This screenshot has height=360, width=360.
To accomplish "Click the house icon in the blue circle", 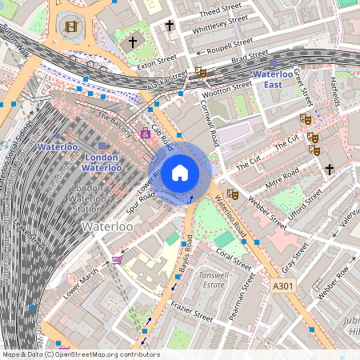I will click(x=180, y=172).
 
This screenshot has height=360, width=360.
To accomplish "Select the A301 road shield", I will click(x=283, y=286).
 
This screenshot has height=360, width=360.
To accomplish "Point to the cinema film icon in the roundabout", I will click(x=72, y=27).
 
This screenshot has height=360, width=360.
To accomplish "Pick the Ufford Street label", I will click(x=303, y=200).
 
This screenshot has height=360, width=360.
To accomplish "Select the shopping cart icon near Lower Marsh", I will click(x=118, y=259).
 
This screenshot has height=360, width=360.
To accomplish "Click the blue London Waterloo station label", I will click(x=102, y=162).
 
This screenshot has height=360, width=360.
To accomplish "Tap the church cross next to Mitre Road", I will click(x=329, y=169).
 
